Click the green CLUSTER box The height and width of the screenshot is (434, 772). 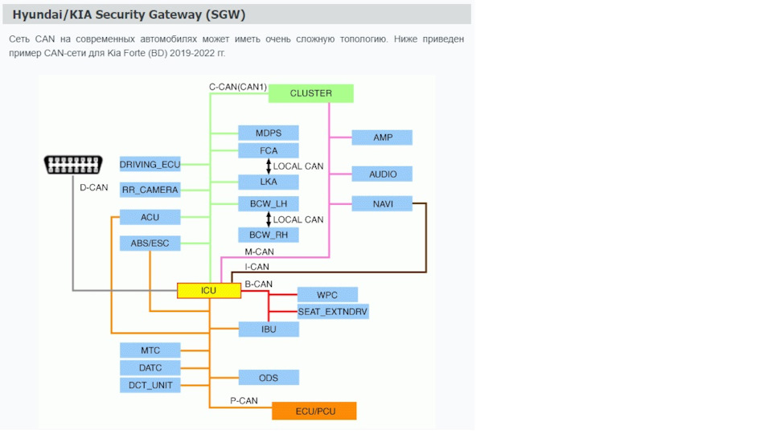pos(311,93)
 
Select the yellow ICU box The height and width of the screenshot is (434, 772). pos(209,290)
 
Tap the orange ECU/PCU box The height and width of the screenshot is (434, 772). pos(314,411)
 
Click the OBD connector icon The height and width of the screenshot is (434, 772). pos(72,165)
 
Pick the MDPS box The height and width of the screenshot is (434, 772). pos(269,133)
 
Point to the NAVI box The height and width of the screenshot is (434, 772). pos(382,203)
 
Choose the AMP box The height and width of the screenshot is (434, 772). pos(382,137)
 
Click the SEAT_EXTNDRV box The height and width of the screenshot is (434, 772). pos(333,311)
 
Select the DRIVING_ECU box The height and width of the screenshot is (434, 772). pos(150,165)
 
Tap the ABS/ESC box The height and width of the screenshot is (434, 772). pos(150,243)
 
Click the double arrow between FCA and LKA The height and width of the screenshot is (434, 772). pos(269,166)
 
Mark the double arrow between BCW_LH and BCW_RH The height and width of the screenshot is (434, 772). pos(269,219)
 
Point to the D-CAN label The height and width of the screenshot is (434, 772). pos(93,187)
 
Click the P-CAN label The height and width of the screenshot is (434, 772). pos(244,400)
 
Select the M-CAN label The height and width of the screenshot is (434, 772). pos(259,252)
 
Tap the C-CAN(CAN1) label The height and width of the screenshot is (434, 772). pos(238,86)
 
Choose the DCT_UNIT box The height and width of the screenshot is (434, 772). pos(150,385)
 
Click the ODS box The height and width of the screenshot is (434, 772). pos(269,377)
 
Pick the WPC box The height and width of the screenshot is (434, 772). pos(327,294)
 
